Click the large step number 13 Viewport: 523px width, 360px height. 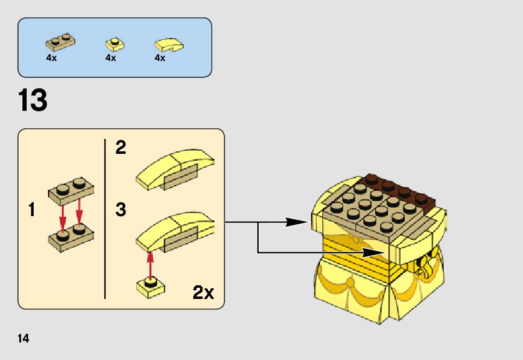(33, 100)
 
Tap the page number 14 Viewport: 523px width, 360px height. (24, 339)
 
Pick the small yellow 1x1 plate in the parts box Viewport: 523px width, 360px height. (113, 44)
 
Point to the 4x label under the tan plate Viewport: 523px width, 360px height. (51, 58)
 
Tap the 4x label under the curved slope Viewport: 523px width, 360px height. (160, 58)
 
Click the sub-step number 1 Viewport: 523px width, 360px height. (31, 210)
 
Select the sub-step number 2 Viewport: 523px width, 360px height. (120, 148)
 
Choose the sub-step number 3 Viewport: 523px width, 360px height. (120, 209)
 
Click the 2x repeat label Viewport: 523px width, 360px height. (203, 292)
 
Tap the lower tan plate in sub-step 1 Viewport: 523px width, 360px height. (70, 236)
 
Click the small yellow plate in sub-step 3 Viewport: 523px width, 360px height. (150, 287)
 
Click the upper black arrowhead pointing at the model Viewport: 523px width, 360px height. (298, 221)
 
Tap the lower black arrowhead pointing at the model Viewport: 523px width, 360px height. (373, 252)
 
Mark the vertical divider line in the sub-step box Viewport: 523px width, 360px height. (104, 218)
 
